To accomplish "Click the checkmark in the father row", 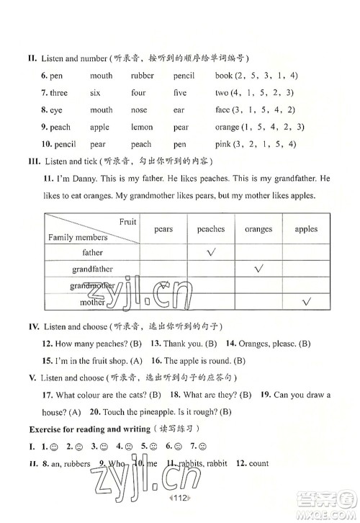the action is click(x=212, y=252).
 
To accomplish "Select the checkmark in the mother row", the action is click(x=306, y=301).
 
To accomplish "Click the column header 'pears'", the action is click(x=163, y=229).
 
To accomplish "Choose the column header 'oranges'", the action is click(x=258, y=229).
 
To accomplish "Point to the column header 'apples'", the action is click(x=306, y=229).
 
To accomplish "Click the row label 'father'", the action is click(x=92, y=253).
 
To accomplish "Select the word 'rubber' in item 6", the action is click(x=143, y=76).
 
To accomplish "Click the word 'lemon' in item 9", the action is click(x=142, y=128).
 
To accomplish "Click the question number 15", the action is click(x=48, y=360).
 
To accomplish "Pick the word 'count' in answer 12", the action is click(x=258, y=463).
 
